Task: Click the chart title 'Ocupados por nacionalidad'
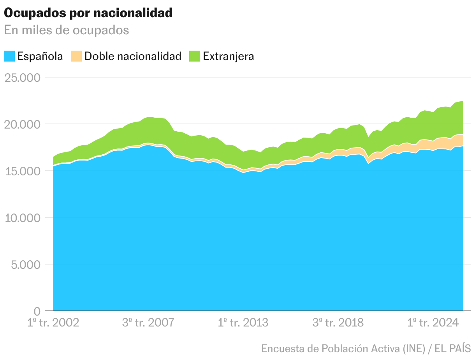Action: (x=88, y=13)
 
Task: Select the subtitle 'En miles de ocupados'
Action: (x=67, y=30)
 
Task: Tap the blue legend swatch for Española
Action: (x=9, y=56)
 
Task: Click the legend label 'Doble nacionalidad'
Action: (x=133, y=56)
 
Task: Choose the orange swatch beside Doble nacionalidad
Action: (x=76, y=56)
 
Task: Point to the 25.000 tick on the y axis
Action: (x=23, y=78)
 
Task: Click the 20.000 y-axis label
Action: (x=23, y=124)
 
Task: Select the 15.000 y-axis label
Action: (x=23, y=171)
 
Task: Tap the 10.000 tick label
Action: (x=23, y=218)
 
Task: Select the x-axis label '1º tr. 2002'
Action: (x=53, y=323)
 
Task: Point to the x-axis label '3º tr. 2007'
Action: (x=148, y=323)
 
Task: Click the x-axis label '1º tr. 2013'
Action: (x=243, y=323)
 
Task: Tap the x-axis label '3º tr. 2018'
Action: (x=338, y=323)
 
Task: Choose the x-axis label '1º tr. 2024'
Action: (x=433, y=323)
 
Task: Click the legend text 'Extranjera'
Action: (x=229, y=56)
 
